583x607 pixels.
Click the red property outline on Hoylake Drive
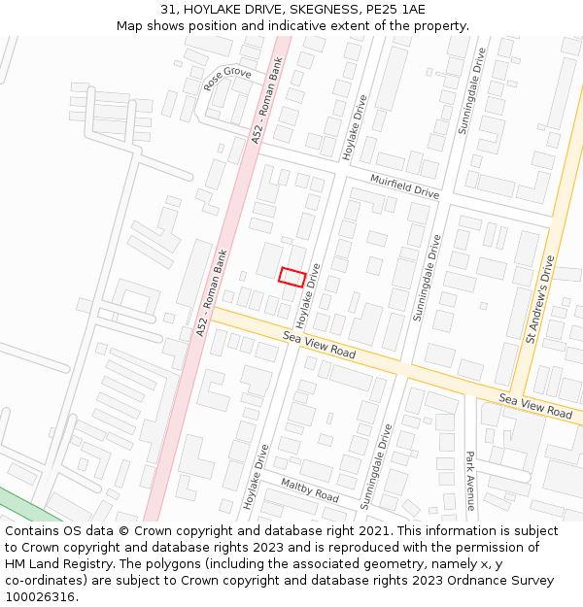tap(292, 277)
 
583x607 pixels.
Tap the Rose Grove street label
tap(227, 79)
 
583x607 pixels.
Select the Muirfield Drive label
tap(405, 185)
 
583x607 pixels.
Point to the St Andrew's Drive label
tap(540, 299)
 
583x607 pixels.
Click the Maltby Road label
tap(309, 489)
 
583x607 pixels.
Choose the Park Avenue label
tap(469, 480)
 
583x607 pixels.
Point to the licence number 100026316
tap(40, 597)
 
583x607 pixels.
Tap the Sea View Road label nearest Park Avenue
tap(535, 406)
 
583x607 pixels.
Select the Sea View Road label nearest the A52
tap(320, 343)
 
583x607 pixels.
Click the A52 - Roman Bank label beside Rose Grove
tap(267, 107)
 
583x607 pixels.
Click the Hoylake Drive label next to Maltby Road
tap(256, 476)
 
